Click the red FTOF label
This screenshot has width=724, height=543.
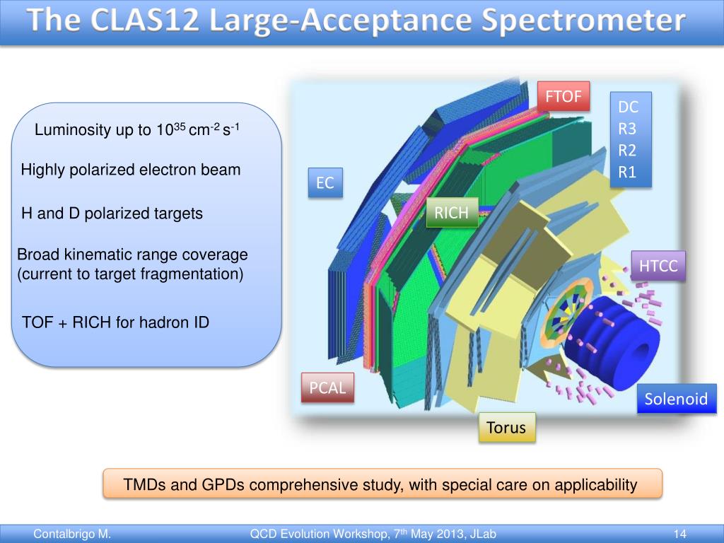[563, 97]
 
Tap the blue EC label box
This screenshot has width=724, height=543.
[325, 183]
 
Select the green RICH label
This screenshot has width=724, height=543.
[452, 213]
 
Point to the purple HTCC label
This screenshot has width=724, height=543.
[658, 266]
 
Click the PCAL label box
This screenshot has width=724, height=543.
[327, 387]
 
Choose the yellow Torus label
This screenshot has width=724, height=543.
[506, 427]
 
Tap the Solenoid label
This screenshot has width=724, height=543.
[676, 399]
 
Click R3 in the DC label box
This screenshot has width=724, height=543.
[628, 129]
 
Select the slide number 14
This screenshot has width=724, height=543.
[681, 535]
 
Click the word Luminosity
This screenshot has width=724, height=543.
[73, 130]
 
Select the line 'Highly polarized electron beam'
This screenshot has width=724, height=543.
[131, 170]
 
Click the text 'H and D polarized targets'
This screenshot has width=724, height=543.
[112, 214]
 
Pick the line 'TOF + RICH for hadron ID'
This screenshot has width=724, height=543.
[116, 323]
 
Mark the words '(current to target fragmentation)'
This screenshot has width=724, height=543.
[130, 274]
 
